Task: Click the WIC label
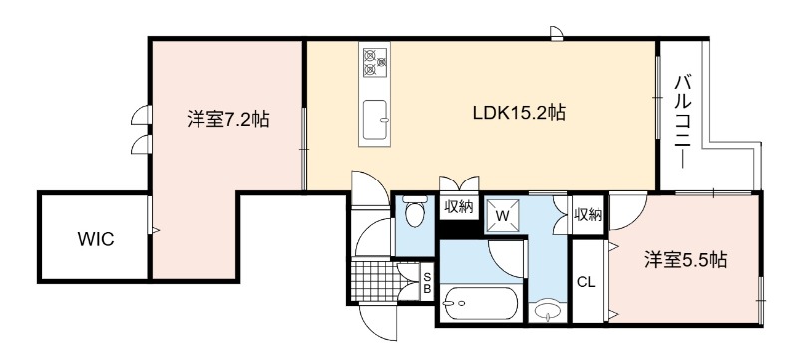(x=95, y=239)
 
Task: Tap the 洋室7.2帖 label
(x=227, y=119)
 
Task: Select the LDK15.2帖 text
(x=519, y=112)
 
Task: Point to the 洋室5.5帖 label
(x=685, y=260)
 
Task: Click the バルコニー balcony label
(x=684, y=121)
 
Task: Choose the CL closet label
(x=586, y=282)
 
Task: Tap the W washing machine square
(x=503, y=215)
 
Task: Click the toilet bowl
(x=414, y=212)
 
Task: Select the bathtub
(x=480, y=303)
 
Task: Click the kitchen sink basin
(x=375, y=119)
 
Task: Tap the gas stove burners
(x=375, y=62)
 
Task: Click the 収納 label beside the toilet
(x=459, y=207)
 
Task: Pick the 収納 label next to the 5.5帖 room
(x=589, y=215)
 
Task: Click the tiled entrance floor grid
(x=377, y=280)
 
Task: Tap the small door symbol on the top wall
(x=557, y=33)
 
